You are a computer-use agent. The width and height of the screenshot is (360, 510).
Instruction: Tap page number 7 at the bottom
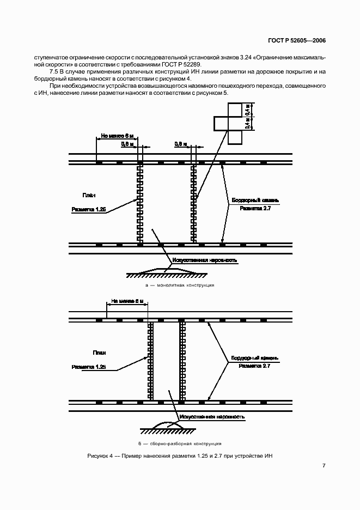click(x=324, y=465)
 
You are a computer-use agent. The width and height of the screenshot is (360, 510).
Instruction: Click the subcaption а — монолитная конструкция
click(x=179, y=285)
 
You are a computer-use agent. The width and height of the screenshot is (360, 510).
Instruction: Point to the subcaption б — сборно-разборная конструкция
click(x=179, y=442)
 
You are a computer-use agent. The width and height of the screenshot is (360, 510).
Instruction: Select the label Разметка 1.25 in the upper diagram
click(x=89, y=208)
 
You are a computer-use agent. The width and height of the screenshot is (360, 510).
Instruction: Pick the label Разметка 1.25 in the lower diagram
click(x=89, y=367)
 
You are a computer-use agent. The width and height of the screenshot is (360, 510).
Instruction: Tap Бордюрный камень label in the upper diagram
click(x=255, y=200)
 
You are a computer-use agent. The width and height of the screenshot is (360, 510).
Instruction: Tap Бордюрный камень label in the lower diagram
click(x=255, y=358)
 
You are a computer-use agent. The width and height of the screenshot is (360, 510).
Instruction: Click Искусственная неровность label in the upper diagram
click(x=204, y=260)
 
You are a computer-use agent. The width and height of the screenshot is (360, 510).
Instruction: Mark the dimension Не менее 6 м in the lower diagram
click(x=127, y=300)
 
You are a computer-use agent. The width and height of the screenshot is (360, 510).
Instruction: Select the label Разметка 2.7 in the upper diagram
click(x=255, y=208)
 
